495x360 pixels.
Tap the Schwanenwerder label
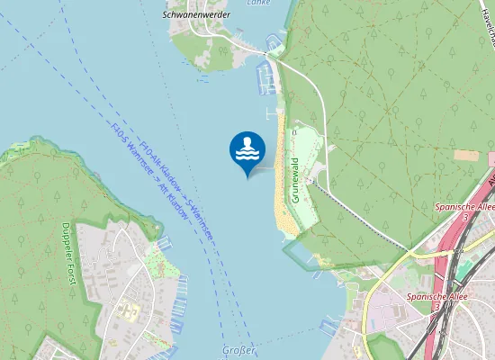(x=196, y=14)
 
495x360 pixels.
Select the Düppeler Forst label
(x=66, y=251)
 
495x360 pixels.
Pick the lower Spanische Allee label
(x=433, y=296)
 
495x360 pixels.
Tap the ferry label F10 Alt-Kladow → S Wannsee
(x=180, y=192)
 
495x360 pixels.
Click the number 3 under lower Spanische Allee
(x=436, y=307)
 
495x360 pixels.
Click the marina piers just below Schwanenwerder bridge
(x=266, y=76)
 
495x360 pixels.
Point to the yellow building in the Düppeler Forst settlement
(x=127, y=311)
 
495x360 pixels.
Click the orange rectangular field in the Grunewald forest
(x=467, y=155)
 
